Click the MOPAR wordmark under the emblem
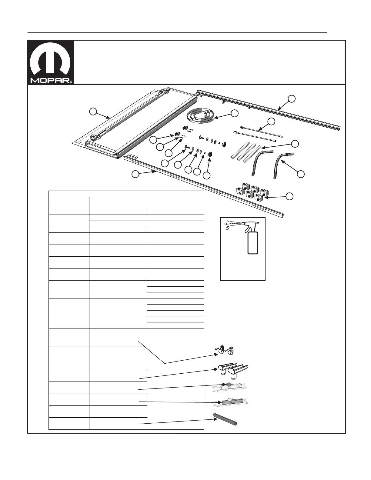pyautogui.click(x=50, y=81)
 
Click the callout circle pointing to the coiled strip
pyautogui.click(x=234, y=113)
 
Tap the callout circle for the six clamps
pyautogui.click(x=290, y=196)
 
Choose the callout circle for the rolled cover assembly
pyautogui.click(x=93, y=112)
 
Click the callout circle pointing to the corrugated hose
pyautogui.click(x=300, y=174)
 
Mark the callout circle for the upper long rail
pyautogui.click(x=292, y=98)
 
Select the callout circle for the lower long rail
pyautogui.click(x=135, y=174)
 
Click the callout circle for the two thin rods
pyautogui.click(x=271, y=122)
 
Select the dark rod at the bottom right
pyautogui.click(x=226, y=420)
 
